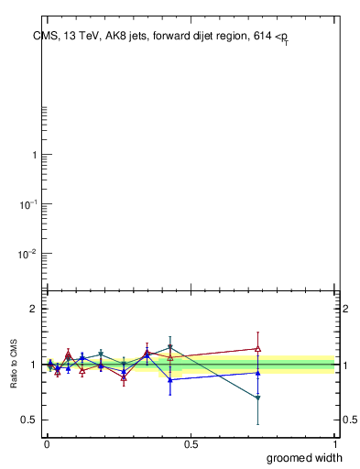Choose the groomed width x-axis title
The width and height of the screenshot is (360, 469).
306,457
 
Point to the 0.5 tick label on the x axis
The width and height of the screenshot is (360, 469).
191,444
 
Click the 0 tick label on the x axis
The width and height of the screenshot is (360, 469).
47,444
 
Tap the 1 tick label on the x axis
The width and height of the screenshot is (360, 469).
335,444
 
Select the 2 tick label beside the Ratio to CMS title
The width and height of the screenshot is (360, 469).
32,310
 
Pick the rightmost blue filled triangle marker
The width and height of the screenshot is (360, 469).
258,373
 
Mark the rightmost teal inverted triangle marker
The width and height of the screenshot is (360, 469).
258,398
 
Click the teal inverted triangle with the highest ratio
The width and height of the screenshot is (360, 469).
170,347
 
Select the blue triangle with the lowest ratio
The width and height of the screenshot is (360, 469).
170,379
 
